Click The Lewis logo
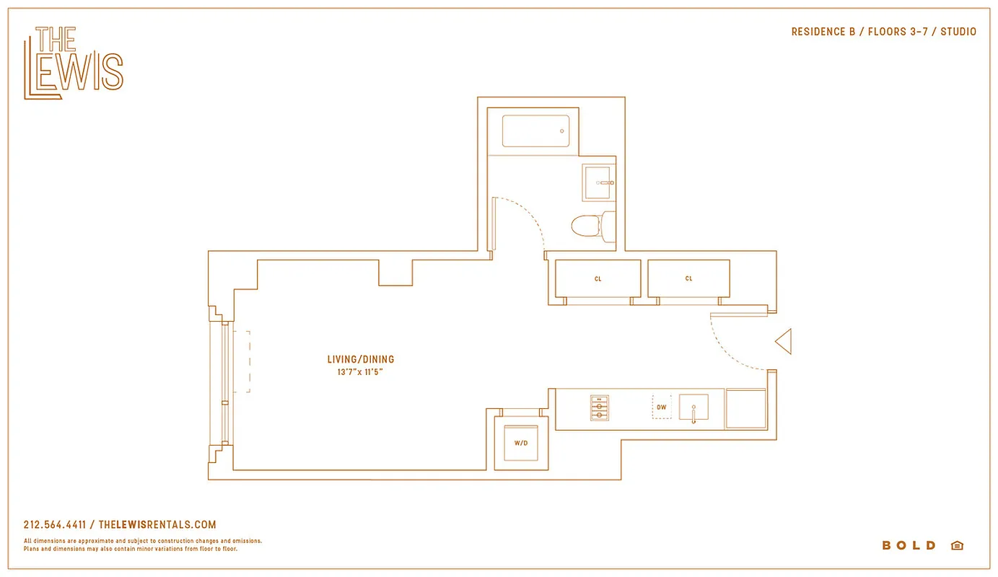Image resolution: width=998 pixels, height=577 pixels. pos(73,63)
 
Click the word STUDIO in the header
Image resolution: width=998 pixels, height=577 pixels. pos(958,32)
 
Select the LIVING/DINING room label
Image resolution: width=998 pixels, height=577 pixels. pos(361,359)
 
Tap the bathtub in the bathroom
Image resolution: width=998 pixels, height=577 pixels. pos(535,131)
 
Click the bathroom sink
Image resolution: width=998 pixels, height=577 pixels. pos(599,183)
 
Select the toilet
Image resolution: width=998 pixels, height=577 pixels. pos(592,226)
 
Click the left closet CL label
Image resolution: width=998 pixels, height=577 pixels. pos(598,279)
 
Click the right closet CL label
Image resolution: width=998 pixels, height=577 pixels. pos(688,279)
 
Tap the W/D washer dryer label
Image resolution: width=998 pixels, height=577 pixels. pos(521,444)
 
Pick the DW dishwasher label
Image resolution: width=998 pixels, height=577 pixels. pos(662,408)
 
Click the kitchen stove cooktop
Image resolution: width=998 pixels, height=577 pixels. pos(599,408)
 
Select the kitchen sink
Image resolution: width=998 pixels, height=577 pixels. pos(693,408)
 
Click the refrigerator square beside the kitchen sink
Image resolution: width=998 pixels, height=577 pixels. pos(745,409)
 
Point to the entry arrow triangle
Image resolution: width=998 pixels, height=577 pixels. pos(784,341)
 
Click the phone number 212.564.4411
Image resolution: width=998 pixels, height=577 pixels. pos(55,525)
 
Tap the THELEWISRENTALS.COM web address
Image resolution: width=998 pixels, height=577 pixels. pos(157,525)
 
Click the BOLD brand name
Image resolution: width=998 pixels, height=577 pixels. pos(909,546)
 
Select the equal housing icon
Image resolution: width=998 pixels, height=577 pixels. pos(957,546)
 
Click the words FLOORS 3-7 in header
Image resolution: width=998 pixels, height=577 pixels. pos(897,32)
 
